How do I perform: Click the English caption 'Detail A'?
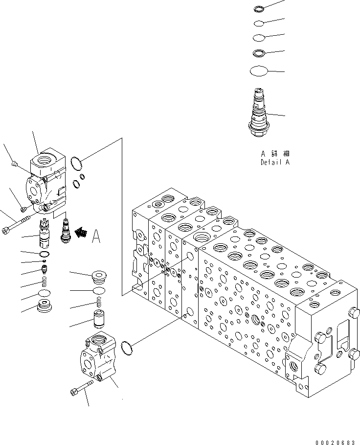274,162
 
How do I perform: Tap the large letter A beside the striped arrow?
96,236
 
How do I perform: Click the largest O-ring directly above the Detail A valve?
259,71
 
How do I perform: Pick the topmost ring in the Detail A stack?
260,8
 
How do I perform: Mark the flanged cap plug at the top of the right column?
99,277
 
